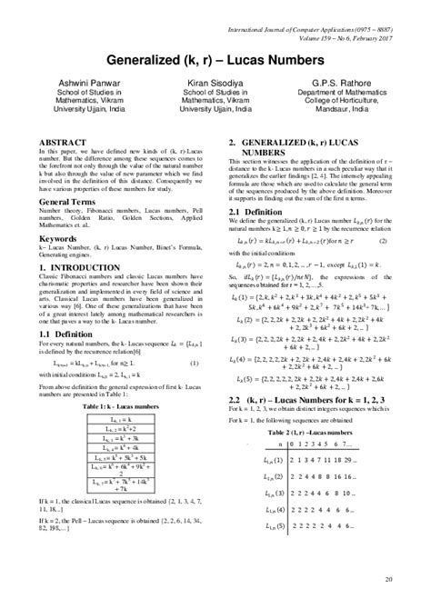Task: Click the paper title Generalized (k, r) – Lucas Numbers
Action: tap(215, 60)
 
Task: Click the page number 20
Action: tap(390, 580)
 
